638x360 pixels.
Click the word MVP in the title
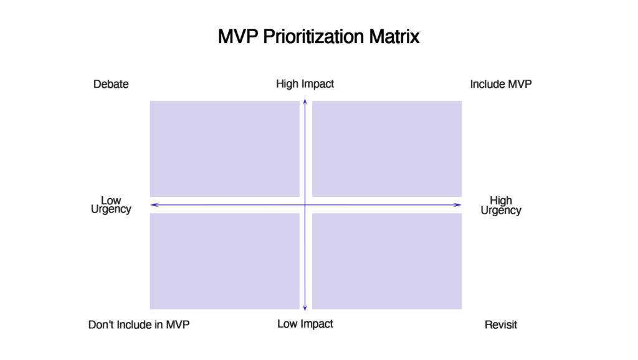(238, 37)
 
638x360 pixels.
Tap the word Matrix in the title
(394, 37)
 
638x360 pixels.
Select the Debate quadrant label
(111, 84)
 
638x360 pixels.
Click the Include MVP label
(501, 84)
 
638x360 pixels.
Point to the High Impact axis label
(305, 84)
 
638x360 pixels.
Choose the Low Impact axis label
(305, 324)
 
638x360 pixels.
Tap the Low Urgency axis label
(111, 205)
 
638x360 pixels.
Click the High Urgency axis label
(501, 206)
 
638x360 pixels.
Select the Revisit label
(501, 324)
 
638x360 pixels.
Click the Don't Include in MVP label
(139, 324)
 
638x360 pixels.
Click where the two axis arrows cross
(305, 205)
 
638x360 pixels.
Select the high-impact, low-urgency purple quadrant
(224, 149)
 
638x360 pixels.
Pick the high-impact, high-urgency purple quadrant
(387, 149)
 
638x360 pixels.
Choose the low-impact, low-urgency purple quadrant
(224, 261)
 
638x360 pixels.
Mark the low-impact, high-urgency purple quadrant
(387, 261)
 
